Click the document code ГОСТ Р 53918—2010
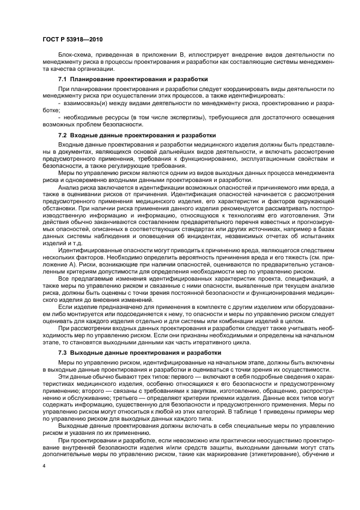(72, 40)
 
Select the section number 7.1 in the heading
(63, 80)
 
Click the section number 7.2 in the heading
(63, 135)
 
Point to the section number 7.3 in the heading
(63, 353)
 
